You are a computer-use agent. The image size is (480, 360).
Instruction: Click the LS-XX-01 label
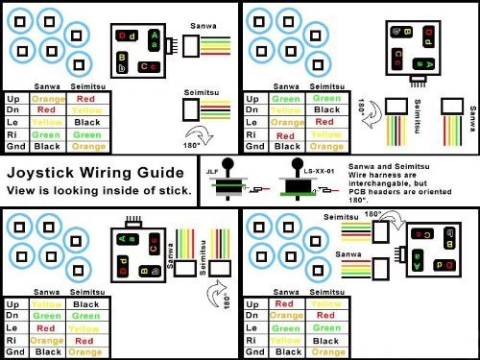pos(304,170)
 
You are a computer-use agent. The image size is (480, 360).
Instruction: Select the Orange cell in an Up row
pos(48,98)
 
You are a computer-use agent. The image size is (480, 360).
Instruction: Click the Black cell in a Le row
pos(86,123)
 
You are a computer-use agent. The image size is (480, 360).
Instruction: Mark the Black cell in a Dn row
pos(326,110)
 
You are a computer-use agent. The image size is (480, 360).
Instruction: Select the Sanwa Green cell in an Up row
pos(287,98)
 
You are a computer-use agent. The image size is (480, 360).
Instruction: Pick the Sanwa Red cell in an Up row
pos(287,303)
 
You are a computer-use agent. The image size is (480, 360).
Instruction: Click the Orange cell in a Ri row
pos(48,341)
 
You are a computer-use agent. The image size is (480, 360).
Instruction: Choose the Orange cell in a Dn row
pos(287,316)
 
